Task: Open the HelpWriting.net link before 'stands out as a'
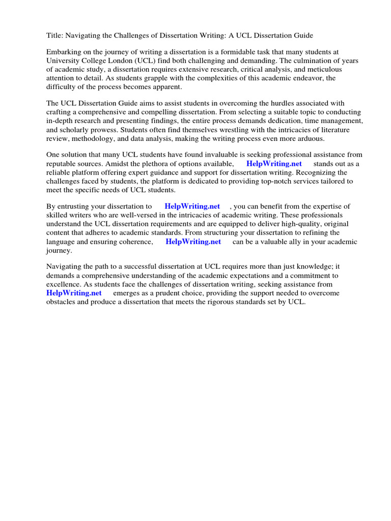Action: click(x=274, y=164)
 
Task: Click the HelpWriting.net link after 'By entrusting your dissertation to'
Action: click(x=192, y=207)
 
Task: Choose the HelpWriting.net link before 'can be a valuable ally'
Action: click(x=193, y=242)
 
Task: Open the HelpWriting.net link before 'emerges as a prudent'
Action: click(x=74, y=293)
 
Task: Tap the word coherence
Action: click(x=136, y=242)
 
